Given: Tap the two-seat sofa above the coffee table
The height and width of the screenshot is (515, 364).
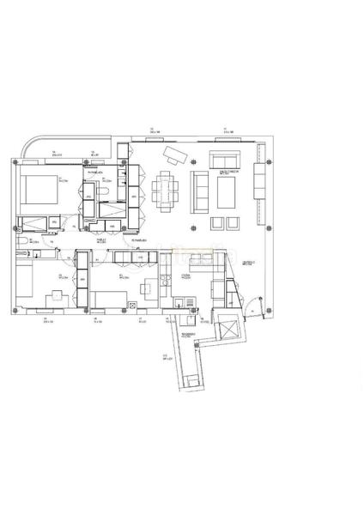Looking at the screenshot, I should pyautogui.click(x=225, y=161).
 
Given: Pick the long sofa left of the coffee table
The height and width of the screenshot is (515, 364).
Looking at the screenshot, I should pyautogui.click(x=200, y=191).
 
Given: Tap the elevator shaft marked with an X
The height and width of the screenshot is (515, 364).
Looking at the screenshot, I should pyautogui.click(x=227, y=329).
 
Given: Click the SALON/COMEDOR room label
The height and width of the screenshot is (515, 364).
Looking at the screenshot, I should pyautogui.click(x=227, y=173).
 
